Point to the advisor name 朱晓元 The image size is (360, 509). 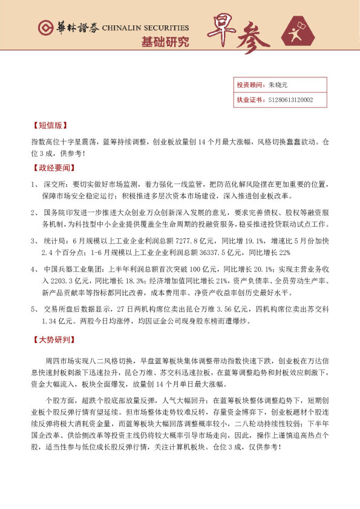[x=279, y=85]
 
